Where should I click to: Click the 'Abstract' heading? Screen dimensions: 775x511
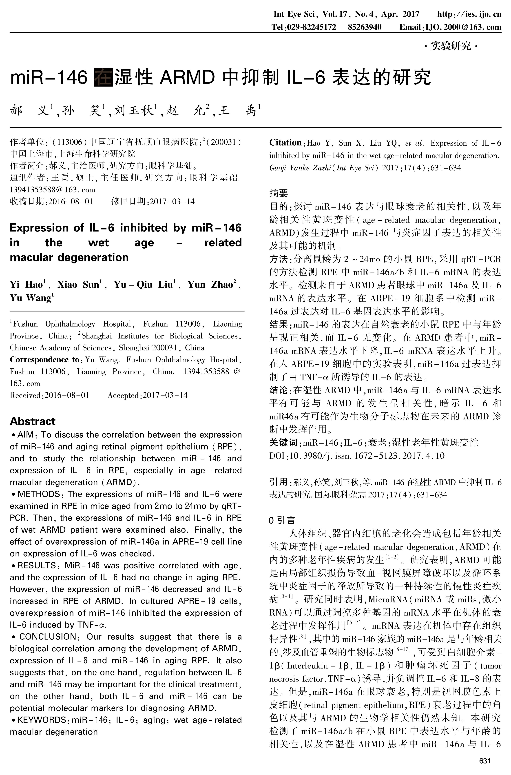(33, 421)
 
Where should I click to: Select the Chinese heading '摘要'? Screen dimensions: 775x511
(279, 193)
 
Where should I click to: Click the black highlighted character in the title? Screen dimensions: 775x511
(103, 77)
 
